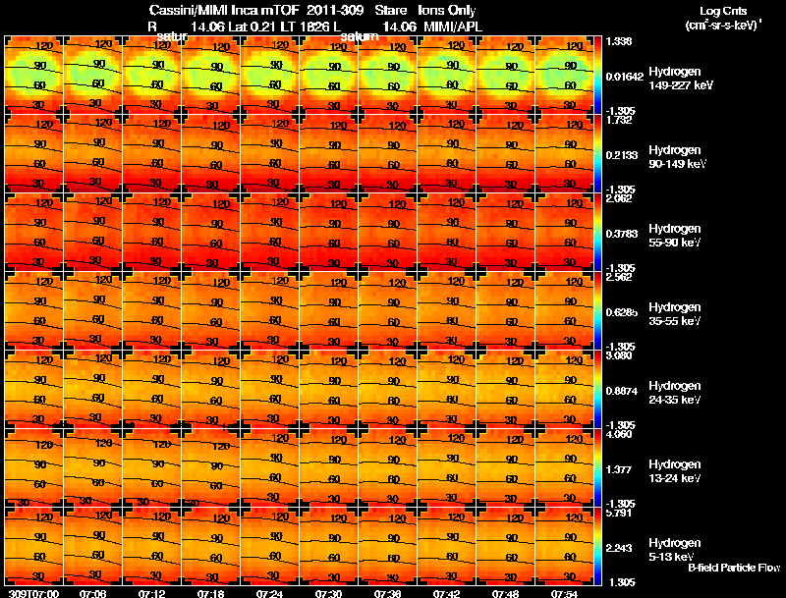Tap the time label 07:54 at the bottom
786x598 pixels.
(564, 593)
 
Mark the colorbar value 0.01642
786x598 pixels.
(625, 77)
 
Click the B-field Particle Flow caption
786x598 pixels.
(734, 568)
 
